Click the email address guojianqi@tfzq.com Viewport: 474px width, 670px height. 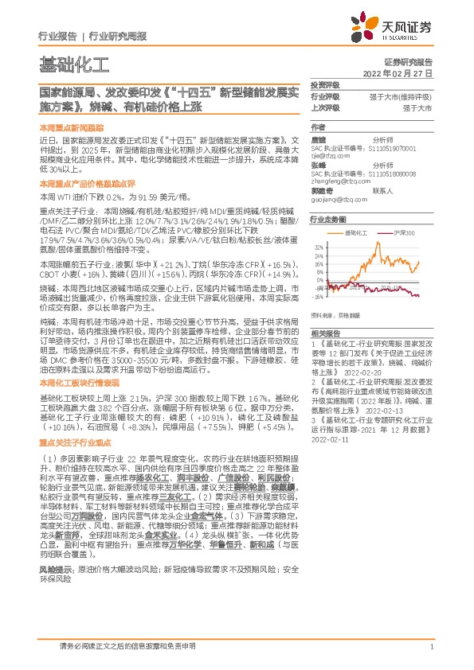coord(335,201)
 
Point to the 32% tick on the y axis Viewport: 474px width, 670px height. coord(318,247)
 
